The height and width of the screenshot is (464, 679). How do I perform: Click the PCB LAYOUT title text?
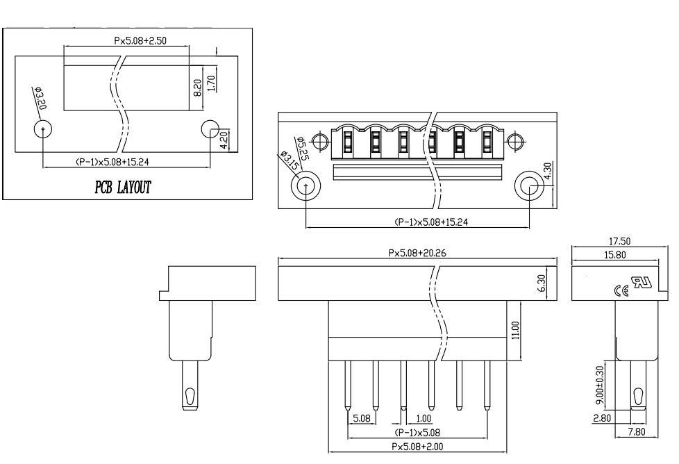pyautogui.click(x=123, y=187)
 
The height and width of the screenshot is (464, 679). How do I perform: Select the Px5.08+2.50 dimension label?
pyautogui.click(x=140, y=41)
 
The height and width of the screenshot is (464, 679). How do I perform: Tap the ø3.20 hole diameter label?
pyautogui.click(x=41, y=99)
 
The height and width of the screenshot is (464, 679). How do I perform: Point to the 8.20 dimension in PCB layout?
pyautogui.click(x=197, y=88)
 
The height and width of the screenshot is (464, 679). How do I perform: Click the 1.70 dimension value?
pyautogui.click(x=211, y=83)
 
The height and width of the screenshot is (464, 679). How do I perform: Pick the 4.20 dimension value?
pyautogui.click(x=225, y=140)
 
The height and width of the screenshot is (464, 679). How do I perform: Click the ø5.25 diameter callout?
pyautogui.click(x=302, y=148)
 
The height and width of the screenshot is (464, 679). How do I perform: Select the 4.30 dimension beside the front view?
pyautogui.click(x=547, y=171)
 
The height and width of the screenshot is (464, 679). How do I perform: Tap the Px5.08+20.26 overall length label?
pyautogui.click(x=417, y=253)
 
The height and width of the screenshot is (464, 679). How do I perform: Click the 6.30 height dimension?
pyautogui.click(x=542, y=283)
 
